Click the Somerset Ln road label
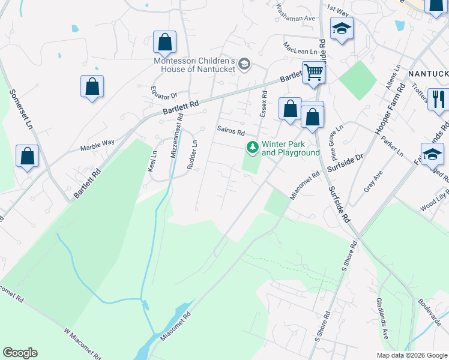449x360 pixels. [20, 110]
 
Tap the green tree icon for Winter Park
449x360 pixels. [253, 146]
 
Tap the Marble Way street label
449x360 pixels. [97, 143]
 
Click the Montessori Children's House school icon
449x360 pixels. [244, 64]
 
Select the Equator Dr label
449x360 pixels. [164, 95]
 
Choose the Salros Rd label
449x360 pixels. [231, 131]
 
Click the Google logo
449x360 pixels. [20, 353]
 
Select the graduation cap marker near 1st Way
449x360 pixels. [342, 29]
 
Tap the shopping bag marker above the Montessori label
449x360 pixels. [164, 42]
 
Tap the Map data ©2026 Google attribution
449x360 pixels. [411, 355]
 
